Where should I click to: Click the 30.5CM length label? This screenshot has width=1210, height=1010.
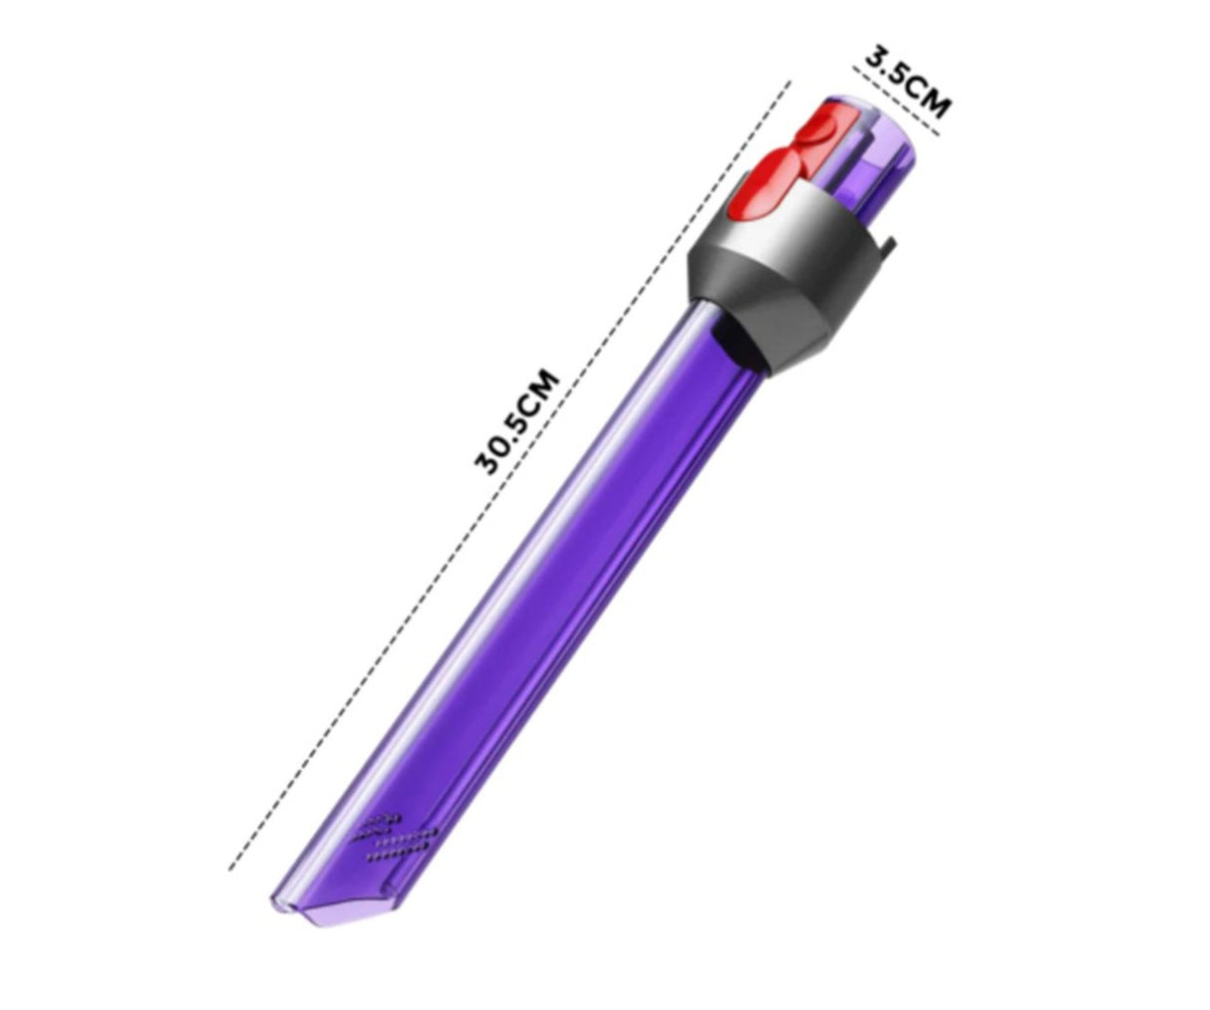coord(517,421)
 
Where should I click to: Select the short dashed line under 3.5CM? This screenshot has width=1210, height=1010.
coord(897,95)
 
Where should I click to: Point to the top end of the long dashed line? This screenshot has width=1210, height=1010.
coord(789,83)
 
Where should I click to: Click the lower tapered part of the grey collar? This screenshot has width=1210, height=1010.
coord(797,329)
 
